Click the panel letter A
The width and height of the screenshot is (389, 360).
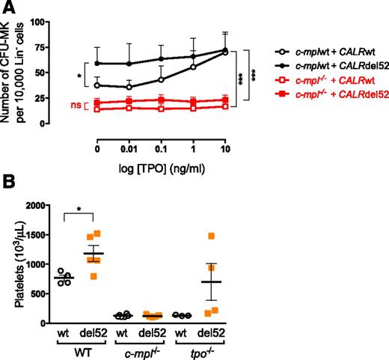[8, 7]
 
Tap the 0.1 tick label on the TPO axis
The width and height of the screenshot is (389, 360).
[164, 149]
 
